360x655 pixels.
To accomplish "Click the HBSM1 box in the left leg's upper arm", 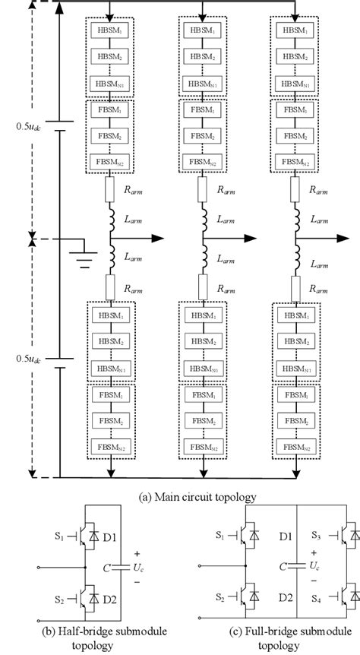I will tap(112, 35).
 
